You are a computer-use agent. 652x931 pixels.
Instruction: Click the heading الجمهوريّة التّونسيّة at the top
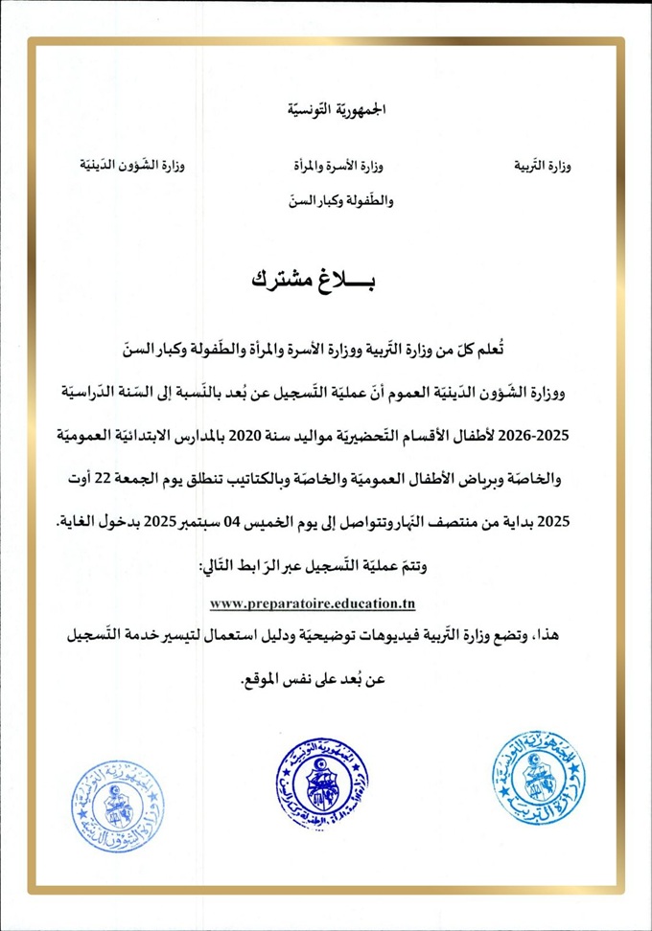point(325,110)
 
